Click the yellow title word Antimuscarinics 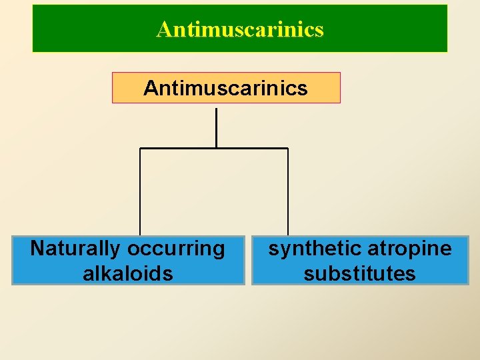(240, 29)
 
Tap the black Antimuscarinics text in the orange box (225, 88)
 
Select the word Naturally (75, 249)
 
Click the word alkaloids (127, 273)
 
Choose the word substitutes (359, 273)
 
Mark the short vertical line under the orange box (217, 127)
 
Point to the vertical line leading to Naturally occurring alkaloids (140, 193)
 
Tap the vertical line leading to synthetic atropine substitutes (288, 193)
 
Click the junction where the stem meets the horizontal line (217, 148)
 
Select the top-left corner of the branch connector (140, 148)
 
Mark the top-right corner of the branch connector (288, 148)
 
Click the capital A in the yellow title (163, 29)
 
